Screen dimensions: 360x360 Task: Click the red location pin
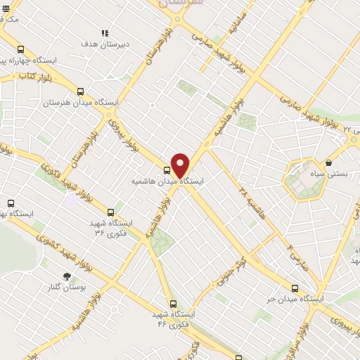coord(180,165)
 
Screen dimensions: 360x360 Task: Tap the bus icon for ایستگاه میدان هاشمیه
coord(167,169)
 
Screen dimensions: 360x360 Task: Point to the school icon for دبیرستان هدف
coord(105,32)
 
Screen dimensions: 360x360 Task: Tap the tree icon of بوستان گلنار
coord(67,277)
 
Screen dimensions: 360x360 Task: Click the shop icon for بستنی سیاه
coord(329,162)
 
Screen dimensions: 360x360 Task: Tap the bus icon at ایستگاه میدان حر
coord(295,288)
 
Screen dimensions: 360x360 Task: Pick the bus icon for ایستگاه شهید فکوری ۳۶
coord(110,212)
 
